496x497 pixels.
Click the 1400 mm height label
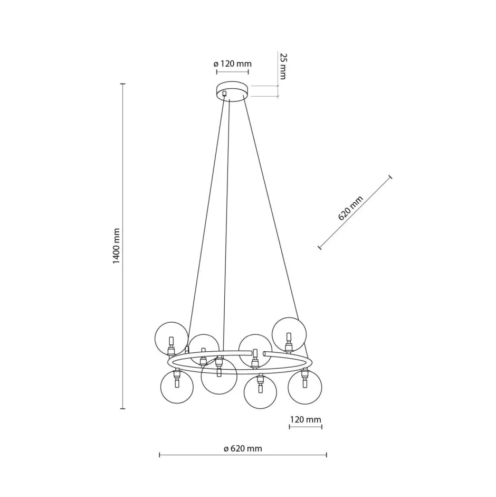pos(117,246)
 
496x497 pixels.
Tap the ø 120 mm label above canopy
pos(233,64)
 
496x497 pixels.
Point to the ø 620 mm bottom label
pos(243,449)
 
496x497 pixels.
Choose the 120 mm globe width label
pos(306,420)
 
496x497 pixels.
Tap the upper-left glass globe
pos(170,338)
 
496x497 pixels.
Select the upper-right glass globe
pos(289,333)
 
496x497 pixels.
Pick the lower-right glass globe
pos(305,387)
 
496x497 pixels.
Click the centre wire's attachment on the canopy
pos(225,94)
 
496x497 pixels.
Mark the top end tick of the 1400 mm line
pos(122,84)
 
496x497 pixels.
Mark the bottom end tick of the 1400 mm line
pos(122,408)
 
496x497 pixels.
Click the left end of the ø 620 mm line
pos(159,455)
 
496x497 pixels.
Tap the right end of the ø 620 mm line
pos(327,455)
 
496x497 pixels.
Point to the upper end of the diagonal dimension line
pos(390,177)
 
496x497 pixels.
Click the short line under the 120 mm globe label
pos(306,427)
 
